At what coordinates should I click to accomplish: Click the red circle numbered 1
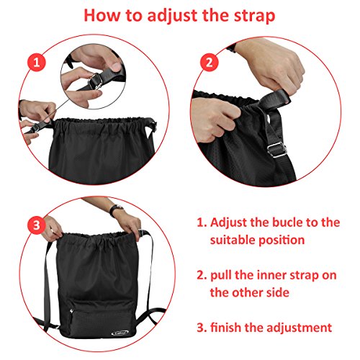pyautogui.click(x=36, y=62)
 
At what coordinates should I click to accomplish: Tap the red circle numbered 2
pyautogui.click(x=210, y=62)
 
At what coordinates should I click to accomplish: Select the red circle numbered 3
pyautogui.click(x=37, y=225)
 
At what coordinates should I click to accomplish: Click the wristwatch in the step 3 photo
pyautogui.click(x=116, y=210)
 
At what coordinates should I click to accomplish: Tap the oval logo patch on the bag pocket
pyautogui.click(x=120, y=332)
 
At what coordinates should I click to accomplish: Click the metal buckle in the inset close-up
pyautogui.click(x=96, y=81)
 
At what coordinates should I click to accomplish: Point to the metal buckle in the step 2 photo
pyautogui.click(x=277, y=150)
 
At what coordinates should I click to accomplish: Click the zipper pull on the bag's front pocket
pyautogui.click(x=71, y=311)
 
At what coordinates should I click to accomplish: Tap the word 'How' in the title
pyautogui.click(x=102, y=15)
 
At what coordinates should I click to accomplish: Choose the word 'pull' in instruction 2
pyautogui.click(x=220, y=276)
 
